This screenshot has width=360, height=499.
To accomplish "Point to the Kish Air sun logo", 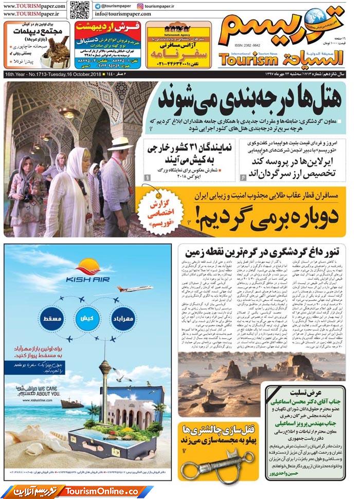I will pyautogui.click(x=87, y=267).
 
